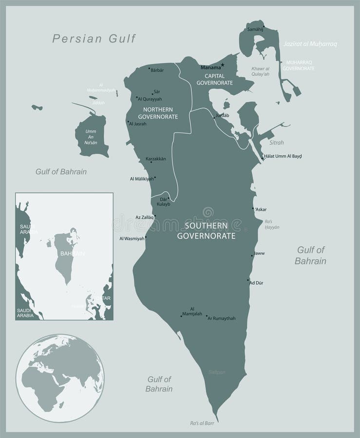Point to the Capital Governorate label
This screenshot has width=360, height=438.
(214, 79)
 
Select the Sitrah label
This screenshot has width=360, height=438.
(276, 143)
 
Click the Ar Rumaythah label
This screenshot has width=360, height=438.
(222, 318)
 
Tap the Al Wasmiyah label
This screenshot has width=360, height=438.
(132, 238)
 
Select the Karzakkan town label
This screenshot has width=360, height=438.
(156, 159)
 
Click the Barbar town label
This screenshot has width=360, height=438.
(157, 70)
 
